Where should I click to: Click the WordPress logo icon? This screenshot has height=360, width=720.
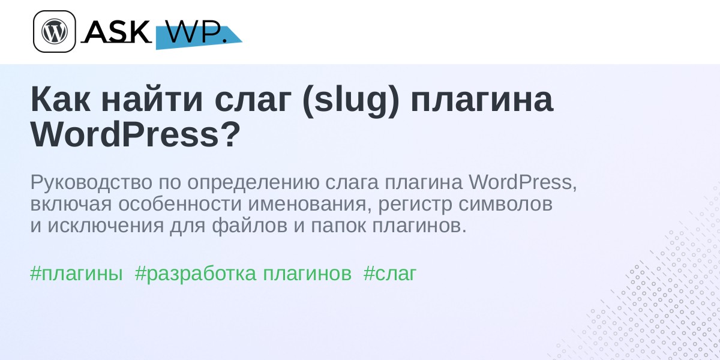(55, 31)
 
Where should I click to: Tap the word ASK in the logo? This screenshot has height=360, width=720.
(118, 31)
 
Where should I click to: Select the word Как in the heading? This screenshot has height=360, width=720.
(61, 100)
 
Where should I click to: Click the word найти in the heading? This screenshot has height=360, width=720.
(152, 100)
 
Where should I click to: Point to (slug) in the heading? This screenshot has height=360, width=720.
(351, 101)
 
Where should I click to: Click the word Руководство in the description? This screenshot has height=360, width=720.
(91, 182)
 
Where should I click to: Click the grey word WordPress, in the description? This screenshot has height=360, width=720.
(523, 182)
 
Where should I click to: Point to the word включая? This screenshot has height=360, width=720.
(71, 204)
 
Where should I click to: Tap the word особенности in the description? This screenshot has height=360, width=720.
(180, 204)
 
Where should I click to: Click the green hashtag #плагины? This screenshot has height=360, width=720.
(77, 274)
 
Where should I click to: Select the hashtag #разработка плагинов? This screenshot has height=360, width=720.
(244, 274)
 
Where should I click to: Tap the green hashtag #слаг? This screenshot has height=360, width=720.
(390, 274)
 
